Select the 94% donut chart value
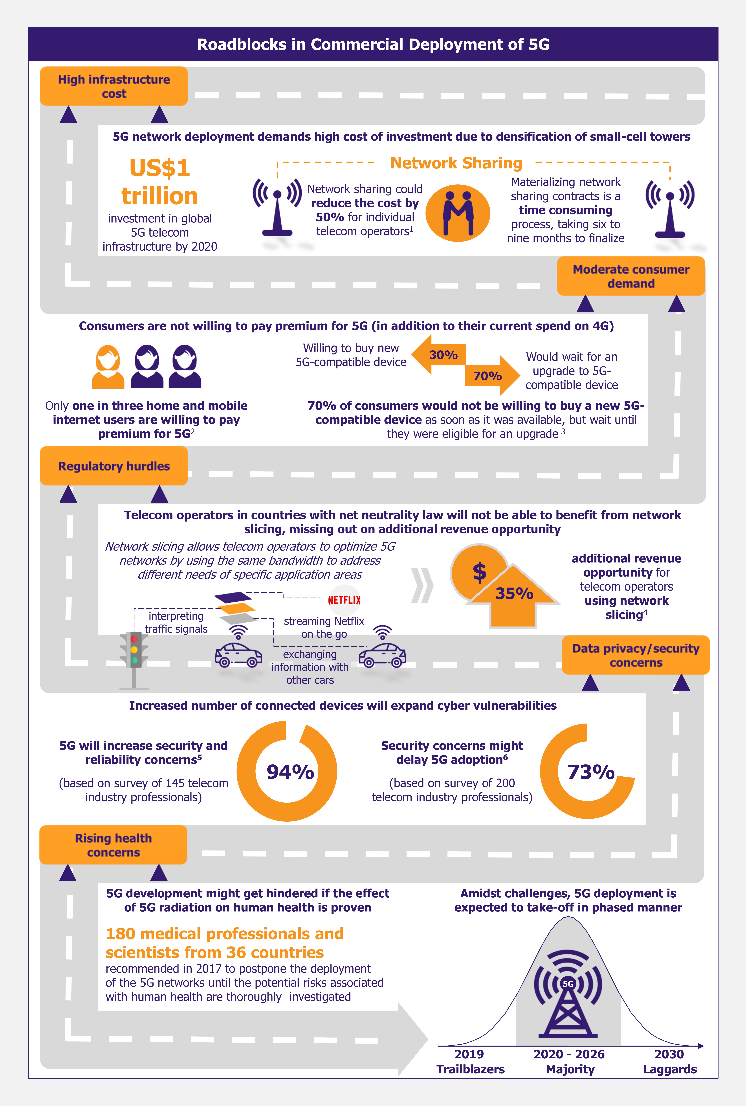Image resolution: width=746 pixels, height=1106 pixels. tap(290, 772)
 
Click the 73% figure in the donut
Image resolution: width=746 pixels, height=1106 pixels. tap(591, 772)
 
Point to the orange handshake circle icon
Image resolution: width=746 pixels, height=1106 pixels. tap(458, 213)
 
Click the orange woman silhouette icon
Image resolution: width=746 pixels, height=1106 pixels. tap(108, 366)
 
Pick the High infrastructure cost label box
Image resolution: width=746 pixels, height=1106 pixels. tap(114, 86)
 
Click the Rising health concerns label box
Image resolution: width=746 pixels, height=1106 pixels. tap(113, 845)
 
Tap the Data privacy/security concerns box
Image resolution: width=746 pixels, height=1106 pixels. tap(636, 655)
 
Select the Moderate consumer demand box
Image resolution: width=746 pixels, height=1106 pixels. tap(631, 276)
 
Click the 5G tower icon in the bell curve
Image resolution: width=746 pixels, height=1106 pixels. tap(568, 993)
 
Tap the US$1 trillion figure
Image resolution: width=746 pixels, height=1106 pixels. tap(160, 182)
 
